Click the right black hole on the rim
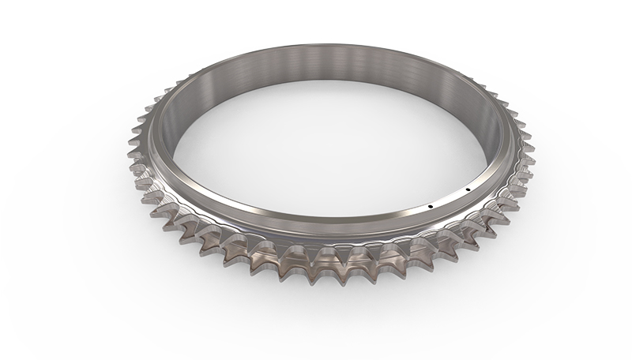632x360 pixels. (x=468, y=189)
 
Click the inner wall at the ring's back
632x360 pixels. (x=316, y=75)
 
